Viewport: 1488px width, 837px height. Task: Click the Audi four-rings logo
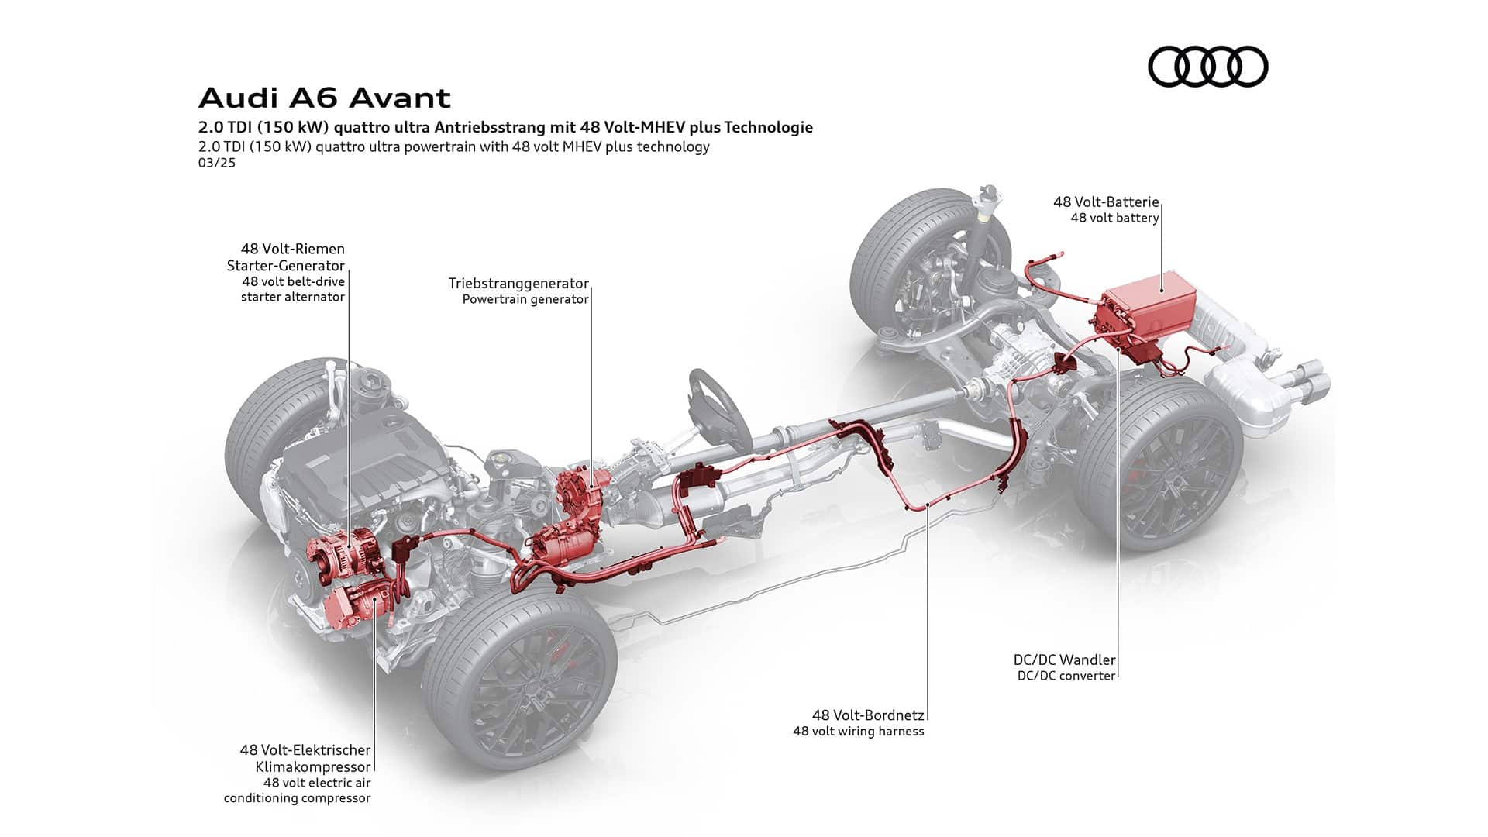pyautogui.click(x=1207, y=66)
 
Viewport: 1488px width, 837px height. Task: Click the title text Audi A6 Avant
pyautogui.click(x=325, y=98)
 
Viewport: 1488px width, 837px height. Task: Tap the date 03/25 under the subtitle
pyautogui.click(x=216, y=163)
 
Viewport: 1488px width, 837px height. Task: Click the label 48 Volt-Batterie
pyautogui.click(x=1105, y=201)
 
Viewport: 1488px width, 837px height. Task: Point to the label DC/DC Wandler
pyautogui.click(x=1064, y=660)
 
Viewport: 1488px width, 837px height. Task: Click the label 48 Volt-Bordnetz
pyautogui.click(x=868, y=715)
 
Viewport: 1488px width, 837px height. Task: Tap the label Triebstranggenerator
pyautogui.click(x=518, y=283)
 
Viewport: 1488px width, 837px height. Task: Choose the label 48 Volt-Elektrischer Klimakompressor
pyautogui.click(x=305, y=758)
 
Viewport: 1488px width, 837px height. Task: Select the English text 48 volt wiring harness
pyautogui.click(x=858, y=732)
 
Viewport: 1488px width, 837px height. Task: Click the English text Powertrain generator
pyautogui.click(x=525, y=299)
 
